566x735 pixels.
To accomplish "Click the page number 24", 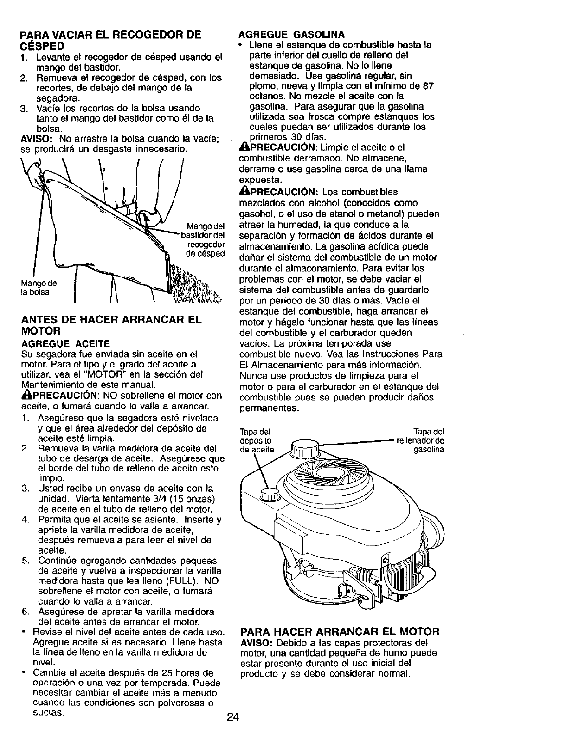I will (233, 717).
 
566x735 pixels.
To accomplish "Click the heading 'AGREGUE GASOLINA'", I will (291, 34).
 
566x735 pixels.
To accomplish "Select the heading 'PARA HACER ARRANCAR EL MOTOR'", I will (339, 632).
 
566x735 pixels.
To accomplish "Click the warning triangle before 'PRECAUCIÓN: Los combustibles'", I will (243, 192).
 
